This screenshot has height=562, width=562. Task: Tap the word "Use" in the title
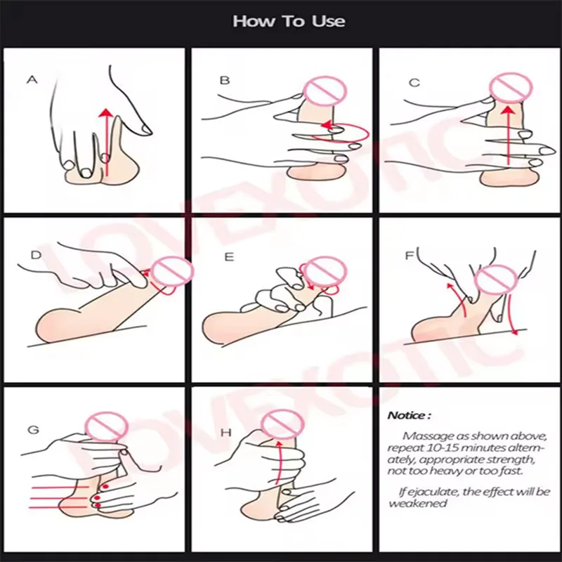click(x=329, y=21)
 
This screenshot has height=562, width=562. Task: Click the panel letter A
click(x=32, y=79)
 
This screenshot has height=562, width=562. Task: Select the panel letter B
click(x=224, y=80)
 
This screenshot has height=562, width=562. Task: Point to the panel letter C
click(x=414, y=83)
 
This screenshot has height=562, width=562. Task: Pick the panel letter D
click(x=37, y=255)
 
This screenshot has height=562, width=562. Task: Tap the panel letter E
click(x=229, y=257)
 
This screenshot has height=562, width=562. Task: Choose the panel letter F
click(x=410, y=255)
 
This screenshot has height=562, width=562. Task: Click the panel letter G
click(x=33, y=429)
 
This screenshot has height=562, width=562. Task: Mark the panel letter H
click(x=226, y=433)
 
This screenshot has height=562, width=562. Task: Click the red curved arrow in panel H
click(x=278, y=462)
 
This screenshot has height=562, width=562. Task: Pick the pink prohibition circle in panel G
click(x=107, y=426)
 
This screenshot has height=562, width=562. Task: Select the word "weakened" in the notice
click(x=418, y=503)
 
